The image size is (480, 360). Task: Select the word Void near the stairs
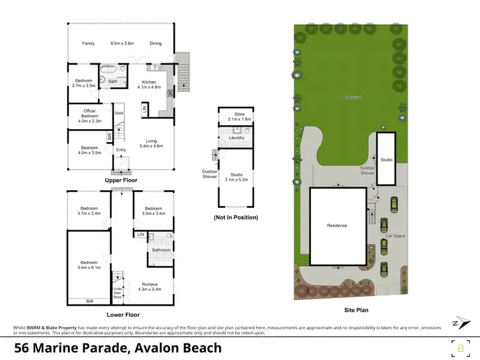tap(118, 113)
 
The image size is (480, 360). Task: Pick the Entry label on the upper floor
tap(121, 150)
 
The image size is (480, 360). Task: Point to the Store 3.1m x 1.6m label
tap(236, 117)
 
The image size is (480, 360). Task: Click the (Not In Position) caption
tap(236, 217)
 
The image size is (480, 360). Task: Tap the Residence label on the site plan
tap(337, 225)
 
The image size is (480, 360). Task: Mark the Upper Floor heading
tap(121, 180)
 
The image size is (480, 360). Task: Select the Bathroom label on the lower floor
tap(161, 250)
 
